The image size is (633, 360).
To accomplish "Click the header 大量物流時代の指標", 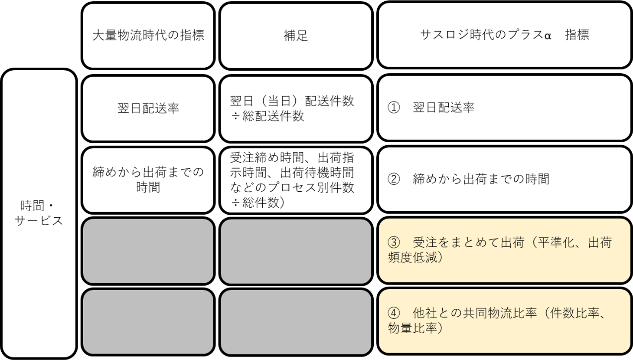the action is [148, 36].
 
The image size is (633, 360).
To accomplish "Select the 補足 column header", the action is [296, 36].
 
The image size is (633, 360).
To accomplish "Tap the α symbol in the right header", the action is [548, 36].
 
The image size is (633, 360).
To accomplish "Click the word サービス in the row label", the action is [39, 221].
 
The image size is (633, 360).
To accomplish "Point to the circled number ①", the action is [394, 108].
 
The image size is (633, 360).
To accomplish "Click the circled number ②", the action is [394, 179].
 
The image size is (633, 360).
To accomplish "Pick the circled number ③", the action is [394, 242].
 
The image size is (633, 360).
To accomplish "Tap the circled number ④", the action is [394, 313].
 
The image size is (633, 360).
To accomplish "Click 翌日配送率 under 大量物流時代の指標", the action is [148, 108].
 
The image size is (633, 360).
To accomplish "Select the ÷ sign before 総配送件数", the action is [236, 116].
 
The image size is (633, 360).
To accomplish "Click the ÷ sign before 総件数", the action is [236, 203].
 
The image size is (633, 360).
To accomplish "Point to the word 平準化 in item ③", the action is [556, 242].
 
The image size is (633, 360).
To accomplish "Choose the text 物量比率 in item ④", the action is [412, 328].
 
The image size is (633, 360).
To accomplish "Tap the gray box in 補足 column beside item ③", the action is [296, 251].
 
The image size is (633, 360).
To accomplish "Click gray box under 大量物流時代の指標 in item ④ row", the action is [148, 322].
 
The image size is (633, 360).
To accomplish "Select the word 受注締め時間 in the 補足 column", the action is [267, 158].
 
